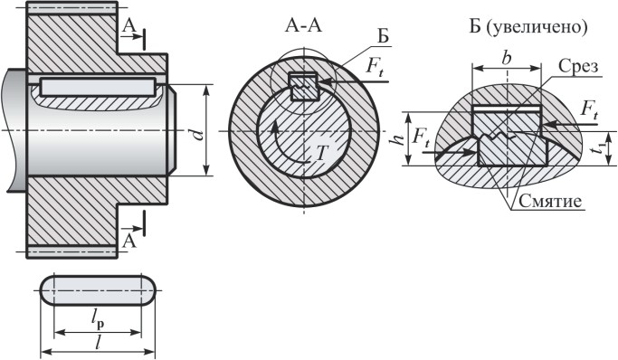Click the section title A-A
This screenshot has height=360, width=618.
point(303,26)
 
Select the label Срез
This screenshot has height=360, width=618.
point(578,66)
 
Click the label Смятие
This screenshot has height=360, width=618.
point(550,201)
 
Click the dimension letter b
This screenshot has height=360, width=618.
point(507,58)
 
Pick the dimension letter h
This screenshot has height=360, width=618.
point(398,139)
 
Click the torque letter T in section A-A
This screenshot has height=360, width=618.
point(321,153)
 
